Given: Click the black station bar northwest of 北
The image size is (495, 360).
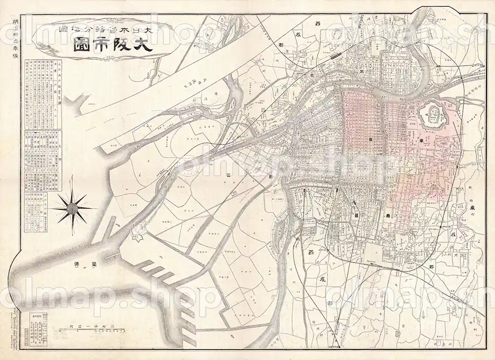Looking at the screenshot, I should pyautogui.click(x=335, y=56).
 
